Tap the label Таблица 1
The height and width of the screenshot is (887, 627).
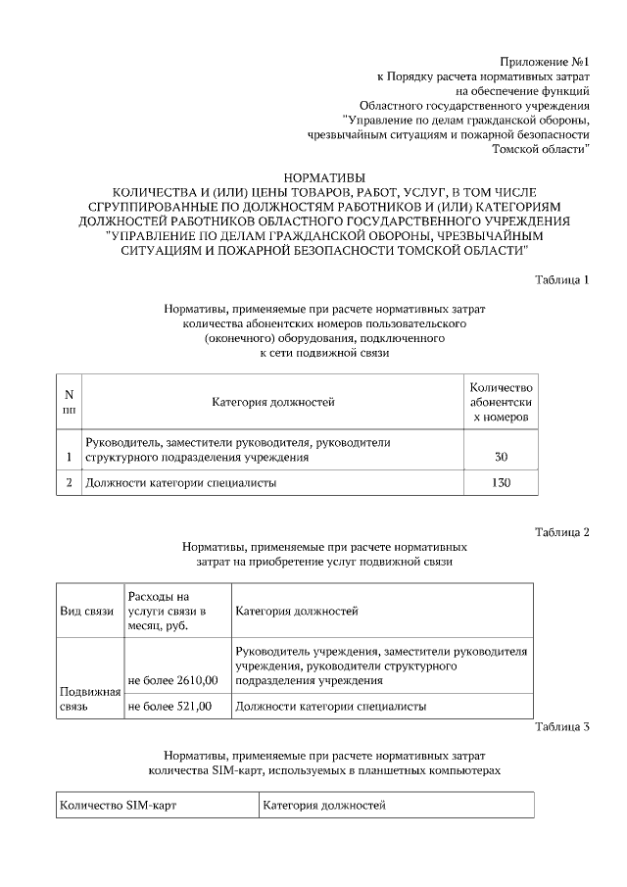coord(562,280)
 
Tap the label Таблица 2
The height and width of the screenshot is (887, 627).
coord(562,532)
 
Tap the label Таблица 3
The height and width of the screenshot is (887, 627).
coord(562,727)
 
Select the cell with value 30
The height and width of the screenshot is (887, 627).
coord(501,457)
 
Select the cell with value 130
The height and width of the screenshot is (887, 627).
coord(501,482)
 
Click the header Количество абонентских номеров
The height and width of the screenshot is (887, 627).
coord(501,402)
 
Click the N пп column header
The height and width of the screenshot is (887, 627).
coord(69,402)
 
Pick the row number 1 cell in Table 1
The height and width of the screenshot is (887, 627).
coord(69,457)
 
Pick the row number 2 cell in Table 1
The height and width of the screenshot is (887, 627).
coord(69,482)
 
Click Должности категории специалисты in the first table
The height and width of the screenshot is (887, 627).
coord(181,482)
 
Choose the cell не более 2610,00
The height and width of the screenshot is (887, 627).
coord(171,680)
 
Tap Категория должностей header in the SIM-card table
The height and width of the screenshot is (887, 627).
coord(324,806)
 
